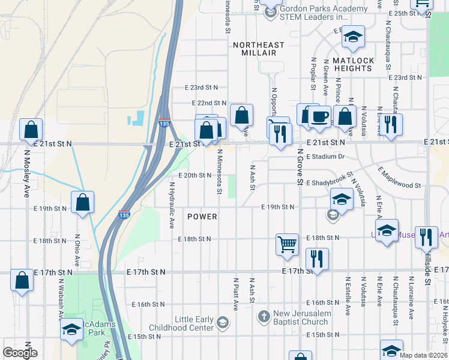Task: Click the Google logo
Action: coord(20,353)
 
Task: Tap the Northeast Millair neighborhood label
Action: coord(259,49)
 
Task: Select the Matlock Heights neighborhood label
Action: coord(353,64)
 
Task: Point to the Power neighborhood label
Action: coord(202,216)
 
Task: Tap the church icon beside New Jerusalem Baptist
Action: coord(263,316)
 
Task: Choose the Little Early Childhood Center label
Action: coord(194,323)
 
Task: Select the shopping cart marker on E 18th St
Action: coord(288,244)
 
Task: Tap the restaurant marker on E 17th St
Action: coord(316,259)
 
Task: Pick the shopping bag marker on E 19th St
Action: coord(82,202)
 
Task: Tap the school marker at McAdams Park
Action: coord(71,329)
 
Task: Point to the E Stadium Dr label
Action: coord(325,157)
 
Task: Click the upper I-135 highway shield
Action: coord(164,124)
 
